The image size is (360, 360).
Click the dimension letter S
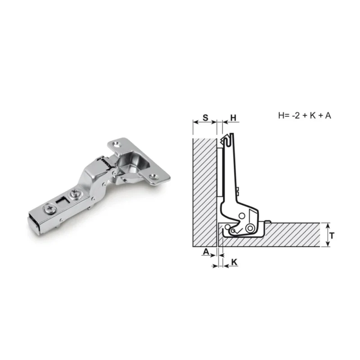[206, 118]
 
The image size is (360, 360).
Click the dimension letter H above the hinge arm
[233, 118]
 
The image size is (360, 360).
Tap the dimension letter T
[332, 235]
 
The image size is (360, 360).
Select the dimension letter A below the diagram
[206, 252]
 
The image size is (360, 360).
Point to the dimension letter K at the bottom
[234, 262]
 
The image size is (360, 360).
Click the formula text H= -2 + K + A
[305, 116]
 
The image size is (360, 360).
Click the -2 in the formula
[296, 116]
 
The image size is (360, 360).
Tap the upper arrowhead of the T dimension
[328, 225]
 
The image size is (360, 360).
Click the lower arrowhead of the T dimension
[328, 244]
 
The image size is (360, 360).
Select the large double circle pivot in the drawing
[250, 228]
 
